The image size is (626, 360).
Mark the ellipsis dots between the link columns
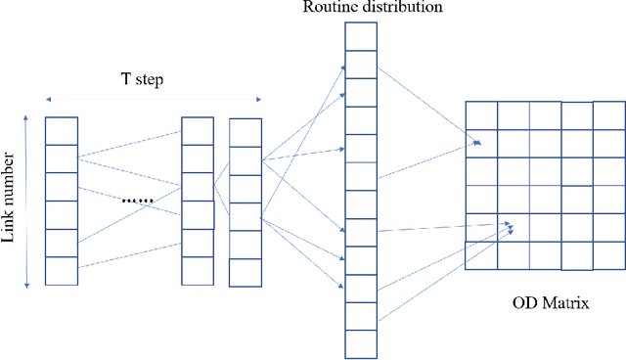point(138,201)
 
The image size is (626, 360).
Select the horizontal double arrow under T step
point(153,98)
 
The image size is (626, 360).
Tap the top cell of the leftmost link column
point(62,130)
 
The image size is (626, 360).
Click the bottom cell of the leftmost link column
point(62,270)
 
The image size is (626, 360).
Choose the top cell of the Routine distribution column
point(360,35)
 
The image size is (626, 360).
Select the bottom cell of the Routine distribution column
point(360,343)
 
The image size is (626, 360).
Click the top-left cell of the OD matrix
point(480,114)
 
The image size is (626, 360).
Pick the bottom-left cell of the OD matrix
point(480,255)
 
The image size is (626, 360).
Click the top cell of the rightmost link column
point(245,132)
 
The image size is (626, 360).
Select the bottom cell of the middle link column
point(198,270)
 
